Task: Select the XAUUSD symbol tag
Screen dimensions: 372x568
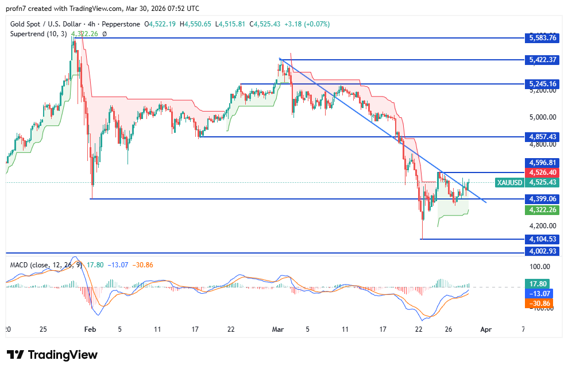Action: [509, 182]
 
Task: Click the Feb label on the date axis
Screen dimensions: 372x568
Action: [90, 329]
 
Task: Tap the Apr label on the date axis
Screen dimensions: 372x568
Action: [486, 329]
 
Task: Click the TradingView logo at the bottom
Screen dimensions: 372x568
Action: [52, 355]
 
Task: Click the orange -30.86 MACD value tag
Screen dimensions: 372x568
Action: [540, 303]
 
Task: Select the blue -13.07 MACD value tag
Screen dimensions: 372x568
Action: [540, 293]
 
